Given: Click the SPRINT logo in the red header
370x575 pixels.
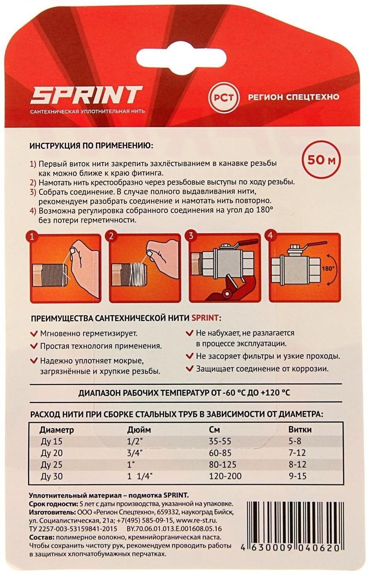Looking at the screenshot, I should (86, 95).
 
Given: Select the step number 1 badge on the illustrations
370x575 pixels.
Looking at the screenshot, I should (32, 237).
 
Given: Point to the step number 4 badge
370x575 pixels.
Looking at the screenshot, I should (270, 236).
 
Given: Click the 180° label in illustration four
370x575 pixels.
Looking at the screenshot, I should (328, 268).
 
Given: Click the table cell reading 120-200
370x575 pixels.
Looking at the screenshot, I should (225, 476).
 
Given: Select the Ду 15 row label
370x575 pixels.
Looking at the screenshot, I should (51, 442).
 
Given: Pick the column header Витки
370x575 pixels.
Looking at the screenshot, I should (300, 430).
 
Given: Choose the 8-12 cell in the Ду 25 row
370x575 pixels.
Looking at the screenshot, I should (297, 465).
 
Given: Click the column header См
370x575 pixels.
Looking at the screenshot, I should (214, 430).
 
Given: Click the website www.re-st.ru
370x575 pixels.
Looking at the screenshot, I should (196, 521).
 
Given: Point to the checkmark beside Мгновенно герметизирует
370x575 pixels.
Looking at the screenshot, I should (34, 333).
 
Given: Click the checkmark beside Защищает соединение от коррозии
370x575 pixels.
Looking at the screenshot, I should (190, 369).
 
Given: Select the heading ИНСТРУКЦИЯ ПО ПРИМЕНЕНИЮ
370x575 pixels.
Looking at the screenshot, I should (91, 145).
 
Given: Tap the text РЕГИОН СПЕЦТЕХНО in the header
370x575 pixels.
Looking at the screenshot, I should (293, 97).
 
